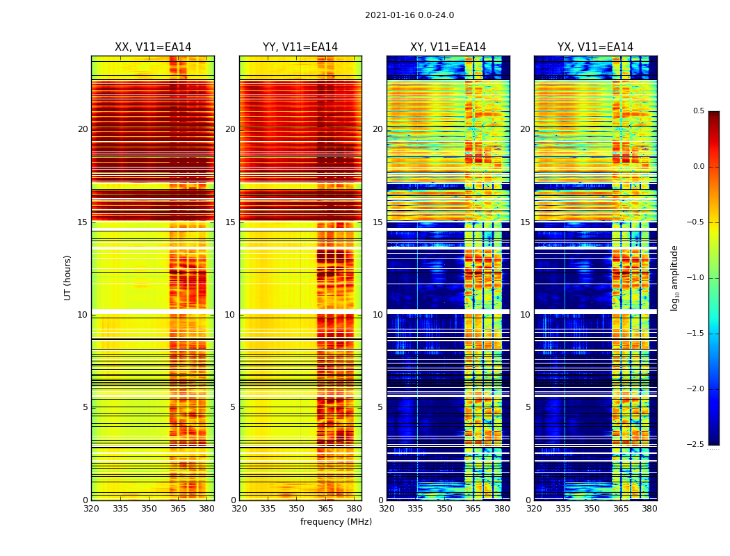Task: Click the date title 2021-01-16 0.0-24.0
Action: [x=409, y=15]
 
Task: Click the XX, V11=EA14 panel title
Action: [x=153, y=47]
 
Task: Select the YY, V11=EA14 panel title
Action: [x=300, y=47]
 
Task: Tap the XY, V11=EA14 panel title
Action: [x=448, y=47]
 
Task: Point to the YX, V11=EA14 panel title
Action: [x=595, y=47]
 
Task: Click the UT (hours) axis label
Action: [x=67, y=277]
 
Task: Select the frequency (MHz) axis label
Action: [x=336, y=522]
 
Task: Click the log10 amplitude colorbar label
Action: [x=674, y=277]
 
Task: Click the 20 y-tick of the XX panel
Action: [x=83, y=129]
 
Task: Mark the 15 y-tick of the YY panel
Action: [x=230, y=222]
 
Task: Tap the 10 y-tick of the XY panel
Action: [x=378, y=315]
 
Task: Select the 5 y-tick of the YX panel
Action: [x=528, y=407]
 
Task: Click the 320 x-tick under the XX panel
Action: [x=91, y=509]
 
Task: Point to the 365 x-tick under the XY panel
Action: [x=473, y=509]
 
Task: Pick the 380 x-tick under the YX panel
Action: [x=649, y=509]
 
